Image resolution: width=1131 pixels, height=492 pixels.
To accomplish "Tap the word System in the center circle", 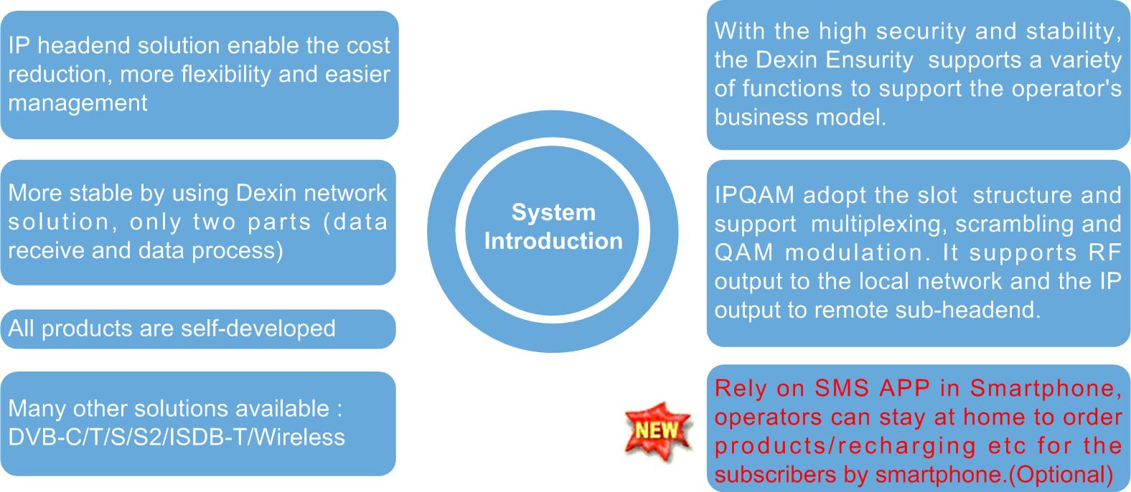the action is pyautogui.click(x=553, y=212).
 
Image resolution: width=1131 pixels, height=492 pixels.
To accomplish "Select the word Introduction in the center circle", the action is pyautogui.click(x=553, y=241).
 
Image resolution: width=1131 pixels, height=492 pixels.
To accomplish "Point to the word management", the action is pyautogui.click(x=78, y=103).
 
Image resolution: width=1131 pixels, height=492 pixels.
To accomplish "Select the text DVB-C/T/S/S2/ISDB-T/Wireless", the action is pyautogui.click(x=177, y=437).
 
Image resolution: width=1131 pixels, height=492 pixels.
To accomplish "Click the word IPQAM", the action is pyautogui.click(x=754, y=195).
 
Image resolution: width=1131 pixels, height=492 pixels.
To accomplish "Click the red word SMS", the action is pyautogui.click(x=842, y=388).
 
